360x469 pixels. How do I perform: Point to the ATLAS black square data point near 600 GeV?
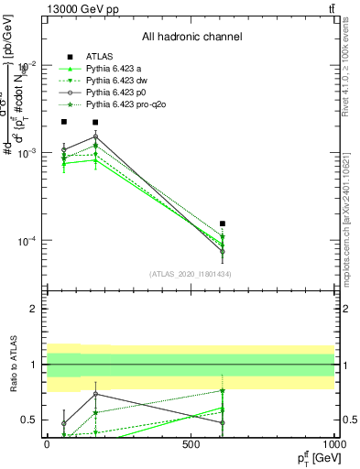coord(223,224)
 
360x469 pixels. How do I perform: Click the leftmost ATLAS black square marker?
coord(63,122)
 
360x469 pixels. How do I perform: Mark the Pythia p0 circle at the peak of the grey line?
coord(95,136)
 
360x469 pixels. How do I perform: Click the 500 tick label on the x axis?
coord(191,442)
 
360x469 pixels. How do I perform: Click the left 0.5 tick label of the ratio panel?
coord(29,420)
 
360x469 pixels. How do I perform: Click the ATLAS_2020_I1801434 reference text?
coord(191,274)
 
